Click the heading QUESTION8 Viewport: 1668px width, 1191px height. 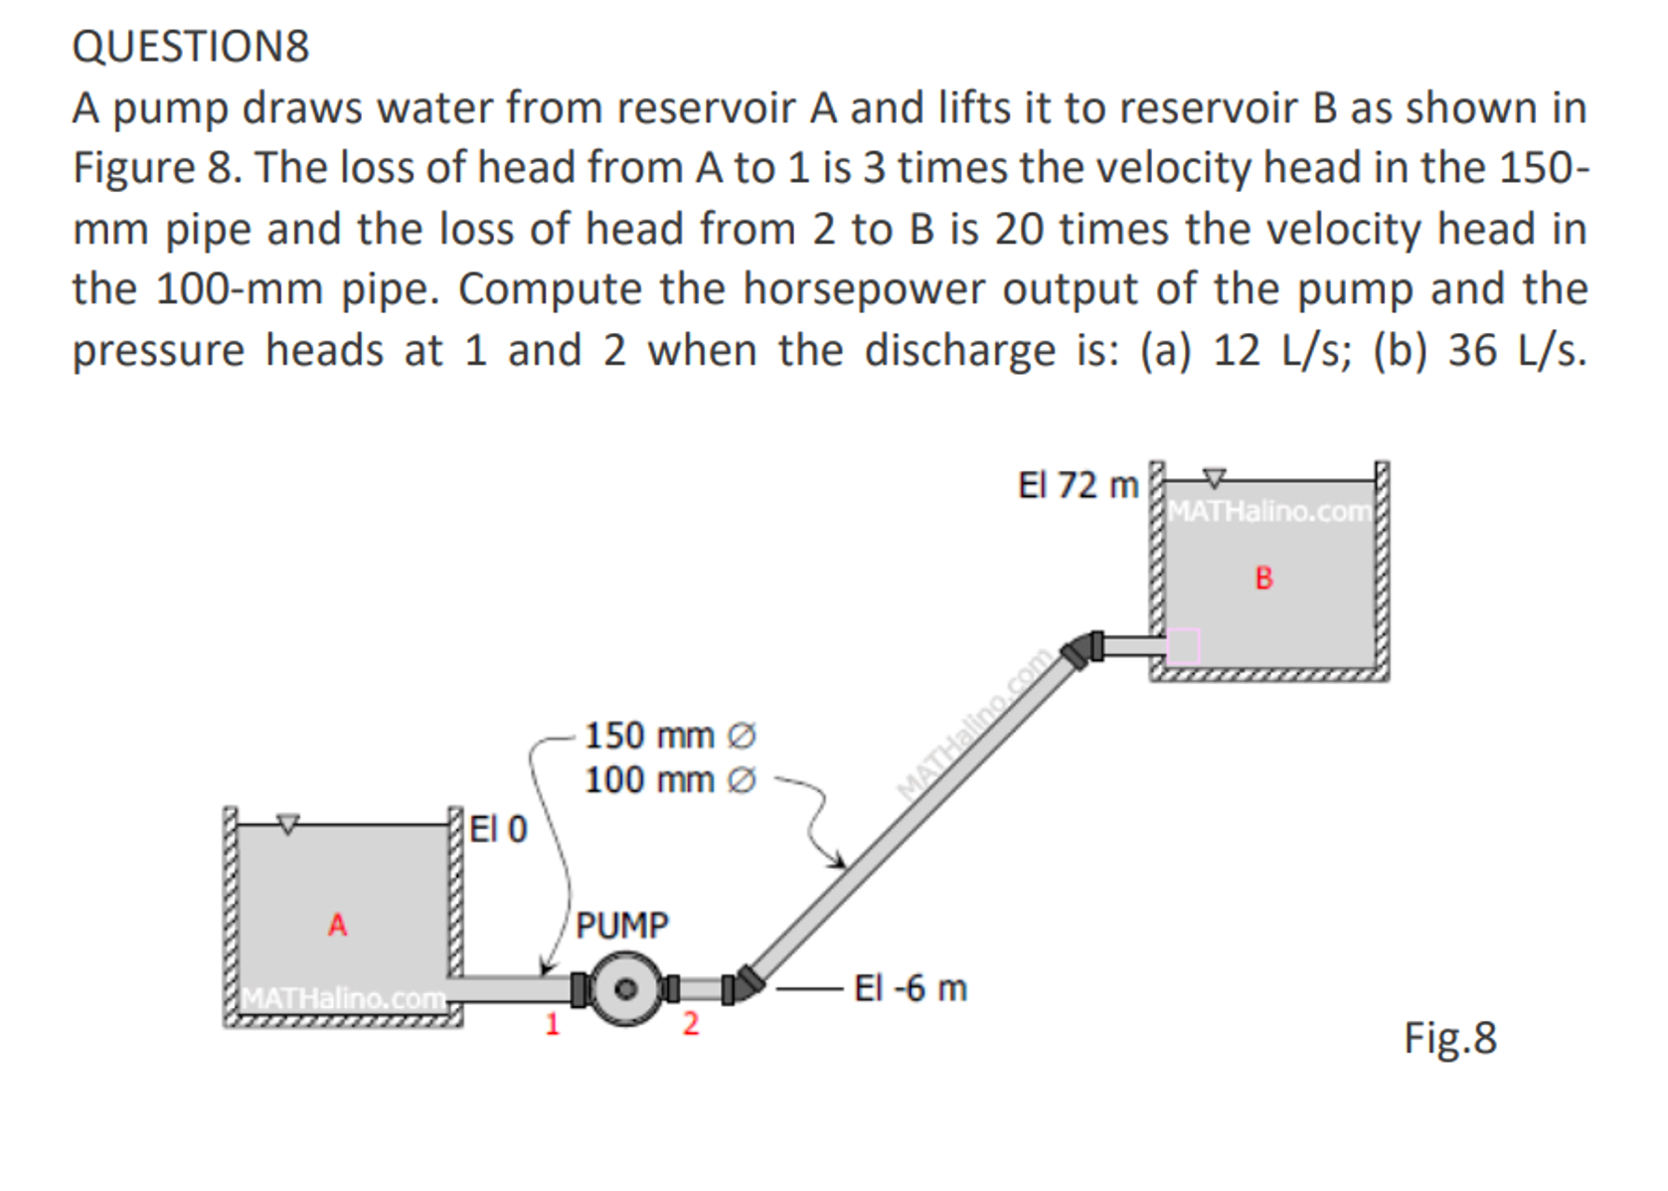190,47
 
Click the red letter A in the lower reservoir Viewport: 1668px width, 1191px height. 338,926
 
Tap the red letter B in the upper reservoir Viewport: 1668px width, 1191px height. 1263,579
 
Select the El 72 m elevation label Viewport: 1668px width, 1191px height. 1078,485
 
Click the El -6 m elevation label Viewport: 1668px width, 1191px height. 910,988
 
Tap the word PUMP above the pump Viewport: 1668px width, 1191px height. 622,926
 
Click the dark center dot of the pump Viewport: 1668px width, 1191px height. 626,988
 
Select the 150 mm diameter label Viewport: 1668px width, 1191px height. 669,736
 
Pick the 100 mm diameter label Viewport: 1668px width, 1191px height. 669,779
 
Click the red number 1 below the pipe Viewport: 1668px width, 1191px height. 553,1024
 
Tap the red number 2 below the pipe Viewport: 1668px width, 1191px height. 691,1024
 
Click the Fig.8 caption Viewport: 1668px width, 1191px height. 1449,1038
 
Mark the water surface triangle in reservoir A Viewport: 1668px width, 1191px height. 287,823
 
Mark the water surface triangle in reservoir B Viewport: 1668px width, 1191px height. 1214,478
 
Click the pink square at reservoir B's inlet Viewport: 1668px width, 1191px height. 1183,646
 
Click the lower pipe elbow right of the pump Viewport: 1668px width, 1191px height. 748,982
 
